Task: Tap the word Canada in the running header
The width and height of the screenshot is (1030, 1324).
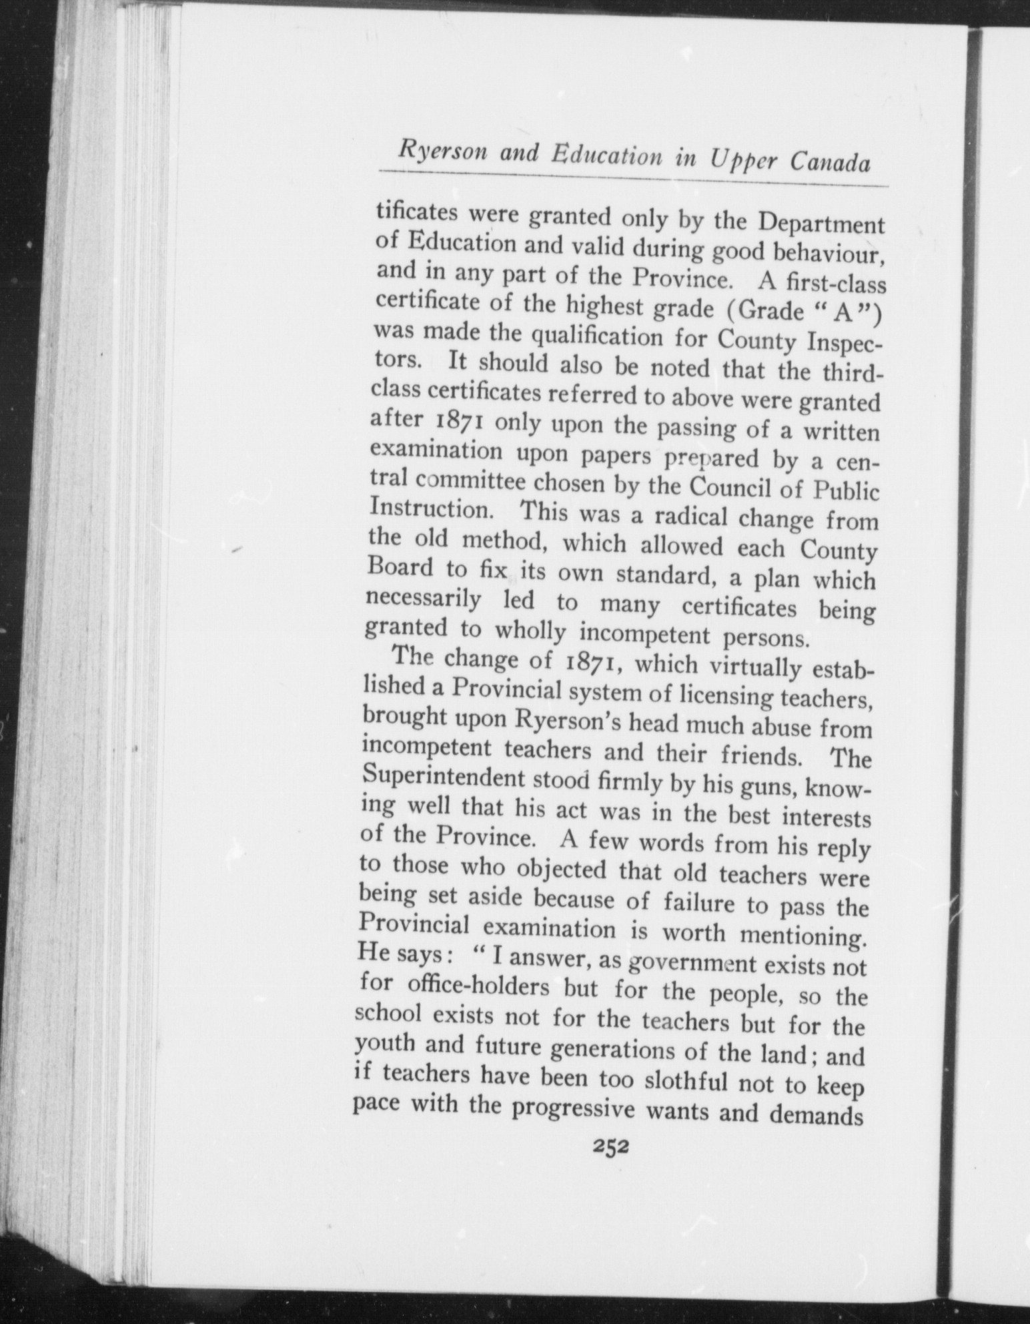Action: click(831, 162)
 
